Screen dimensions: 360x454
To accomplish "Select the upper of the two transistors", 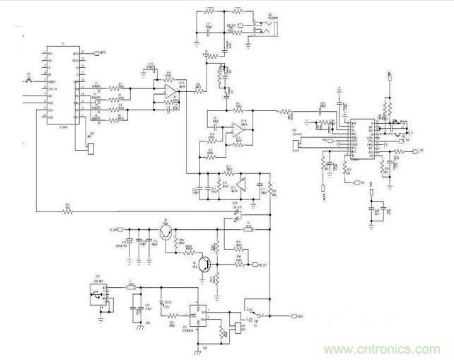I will coord(166,233).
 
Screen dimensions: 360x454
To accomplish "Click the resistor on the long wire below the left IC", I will coord(68,211).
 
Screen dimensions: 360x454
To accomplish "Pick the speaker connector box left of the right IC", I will coord(296,146).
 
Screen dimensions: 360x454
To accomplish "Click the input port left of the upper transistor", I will coord(119,230).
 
